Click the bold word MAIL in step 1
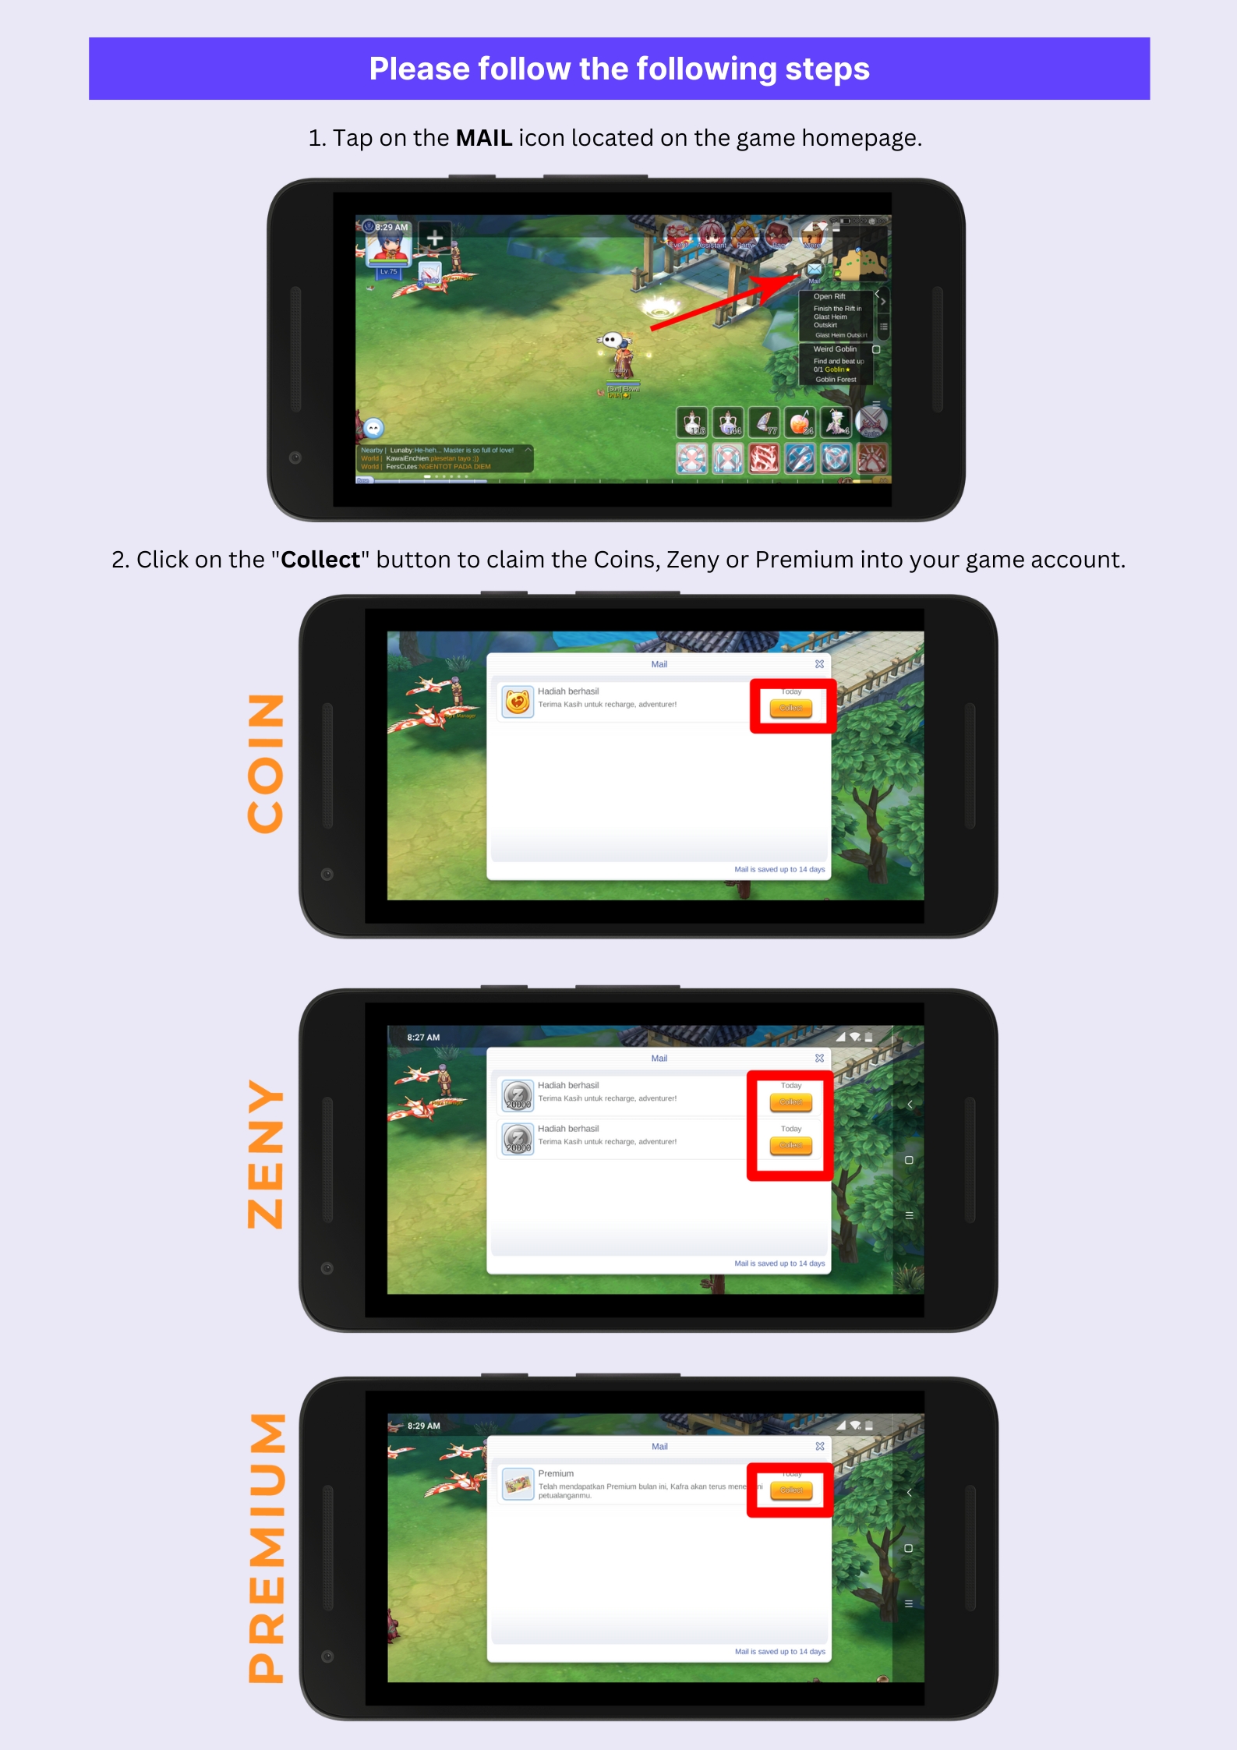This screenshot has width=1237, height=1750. [x=483, y=138]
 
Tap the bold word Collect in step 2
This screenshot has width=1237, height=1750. [x=320, y=560]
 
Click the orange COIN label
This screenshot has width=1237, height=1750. [x=266, y=763]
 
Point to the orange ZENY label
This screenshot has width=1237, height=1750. [x=266, y=1154]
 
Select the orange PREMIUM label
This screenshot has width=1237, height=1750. [x=266, y=1547]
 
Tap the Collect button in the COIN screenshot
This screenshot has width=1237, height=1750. [x=790, y=708]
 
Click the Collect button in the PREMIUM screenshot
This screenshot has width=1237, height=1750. [x=791, y=1490]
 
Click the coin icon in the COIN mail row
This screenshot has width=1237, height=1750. [x=518, y=702]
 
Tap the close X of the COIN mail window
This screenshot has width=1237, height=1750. [x=819, y=664]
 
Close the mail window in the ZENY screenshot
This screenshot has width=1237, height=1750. [x=819, y=1058]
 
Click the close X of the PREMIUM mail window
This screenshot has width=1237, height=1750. [x=820, y=1446]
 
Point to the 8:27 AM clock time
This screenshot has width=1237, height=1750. [x=423, y=1038]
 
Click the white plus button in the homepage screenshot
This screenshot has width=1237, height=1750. [x=435, y=237]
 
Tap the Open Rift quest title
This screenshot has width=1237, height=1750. [x=829, y=296]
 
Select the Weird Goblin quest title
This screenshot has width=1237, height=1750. [x=835, y=349]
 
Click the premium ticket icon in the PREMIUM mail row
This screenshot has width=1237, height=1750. [x=518, y=1484]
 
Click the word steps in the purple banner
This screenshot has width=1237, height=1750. [x=827, y=69]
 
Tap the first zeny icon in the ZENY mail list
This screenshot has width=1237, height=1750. [x=518, y=1095]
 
